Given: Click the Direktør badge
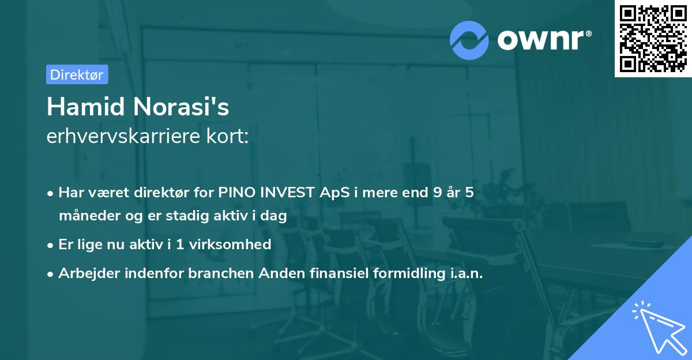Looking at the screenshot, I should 77,74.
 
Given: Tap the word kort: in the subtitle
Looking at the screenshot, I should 229,137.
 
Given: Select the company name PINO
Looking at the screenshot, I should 235,193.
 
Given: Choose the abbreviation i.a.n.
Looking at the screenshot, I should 465,273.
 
